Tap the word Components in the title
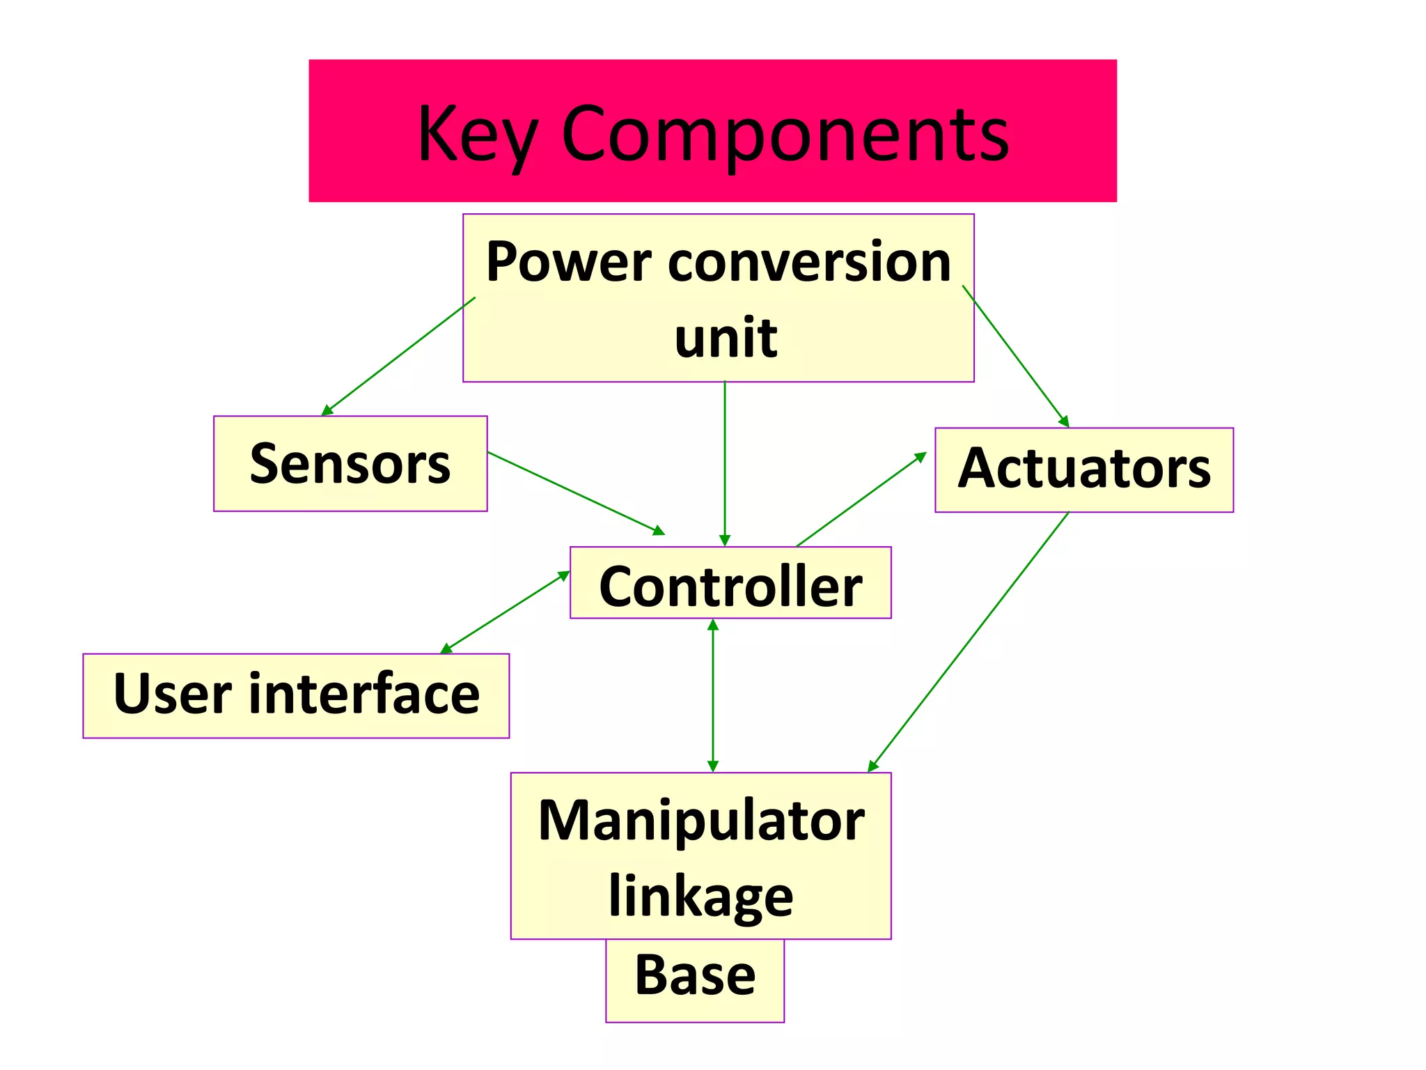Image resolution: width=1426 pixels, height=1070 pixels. (x=785, y=134)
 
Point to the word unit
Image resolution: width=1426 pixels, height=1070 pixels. (x=726, y=338)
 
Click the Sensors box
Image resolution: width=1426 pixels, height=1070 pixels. (x=350, y=464)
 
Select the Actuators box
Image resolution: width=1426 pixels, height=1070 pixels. (x=1083, y=470)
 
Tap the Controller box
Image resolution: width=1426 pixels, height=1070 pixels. (x=730, y=583)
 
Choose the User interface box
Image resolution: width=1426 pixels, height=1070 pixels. (x=296, y=695)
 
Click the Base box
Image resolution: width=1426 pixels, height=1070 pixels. (x=695, y=977)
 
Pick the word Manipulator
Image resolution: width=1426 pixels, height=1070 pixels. (x=700, y=821)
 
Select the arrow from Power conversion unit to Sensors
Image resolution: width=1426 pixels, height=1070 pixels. (x=398, y=357)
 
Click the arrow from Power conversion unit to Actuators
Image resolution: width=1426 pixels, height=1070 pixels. (x=1016, y=356)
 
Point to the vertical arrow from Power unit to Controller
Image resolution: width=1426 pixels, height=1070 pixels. (x=725, y=463)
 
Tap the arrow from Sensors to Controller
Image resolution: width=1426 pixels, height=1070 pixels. (x=577, y=493)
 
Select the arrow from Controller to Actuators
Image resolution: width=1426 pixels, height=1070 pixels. (x=861, y=499)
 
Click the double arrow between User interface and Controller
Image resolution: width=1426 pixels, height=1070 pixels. (x=506, y=612)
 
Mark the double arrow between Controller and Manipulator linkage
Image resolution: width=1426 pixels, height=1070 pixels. (x=712, y=695)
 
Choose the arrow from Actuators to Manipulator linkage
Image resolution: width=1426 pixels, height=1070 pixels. (x=969, y=642)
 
